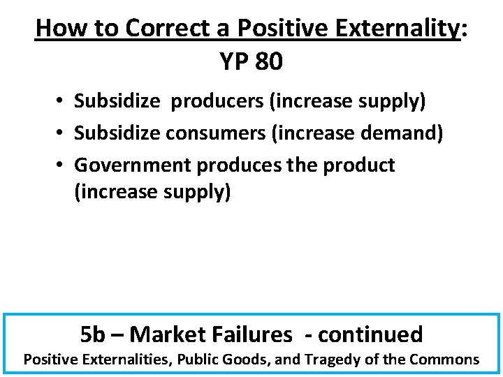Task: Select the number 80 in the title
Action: click(x=269, y=62)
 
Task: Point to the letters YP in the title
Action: click(x=234, y=62)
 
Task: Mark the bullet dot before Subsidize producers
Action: click(x=62, y=102)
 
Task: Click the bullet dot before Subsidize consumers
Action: click(x=62, y=133)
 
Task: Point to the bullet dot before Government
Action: click(x=62, y=165)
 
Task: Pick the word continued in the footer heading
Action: click(x=370, y=334)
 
